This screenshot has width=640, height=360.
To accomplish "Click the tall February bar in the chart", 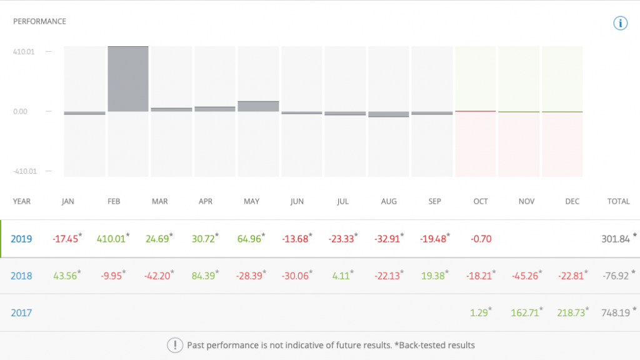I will click(x=128, y=79).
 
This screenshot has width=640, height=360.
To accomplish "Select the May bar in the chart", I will click(x=258, y=106).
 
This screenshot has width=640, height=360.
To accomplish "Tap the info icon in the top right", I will click(x=619, y=24).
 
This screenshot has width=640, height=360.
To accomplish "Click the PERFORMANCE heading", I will click(x=39, y=21).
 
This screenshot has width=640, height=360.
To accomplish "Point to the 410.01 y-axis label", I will click(x=24, y=51).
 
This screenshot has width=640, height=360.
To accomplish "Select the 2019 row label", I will click(x=21, y=239).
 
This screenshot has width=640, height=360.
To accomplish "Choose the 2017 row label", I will click(x=21, y=312).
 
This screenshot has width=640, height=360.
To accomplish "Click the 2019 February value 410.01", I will click(x=111, y=239).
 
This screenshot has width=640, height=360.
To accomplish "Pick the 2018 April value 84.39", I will click(x=206, y=276).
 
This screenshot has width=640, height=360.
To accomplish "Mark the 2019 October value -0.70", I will click(x=481, y=239).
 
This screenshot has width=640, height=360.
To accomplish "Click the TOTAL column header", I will click(x=618, y=201).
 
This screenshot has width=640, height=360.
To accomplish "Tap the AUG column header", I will click(x=388, y=201).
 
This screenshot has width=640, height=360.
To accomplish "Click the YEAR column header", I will click(x=21, y=201).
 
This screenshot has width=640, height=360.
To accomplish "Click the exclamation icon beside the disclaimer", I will click(x=174, y=345).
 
